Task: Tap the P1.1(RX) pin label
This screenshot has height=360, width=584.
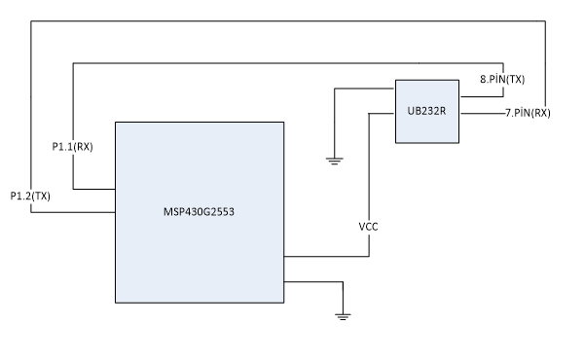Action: (72, 146)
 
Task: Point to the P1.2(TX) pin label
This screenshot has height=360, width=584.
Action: (29, 196)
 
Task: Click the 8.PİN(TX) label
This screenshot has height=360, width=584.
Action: (504, 77)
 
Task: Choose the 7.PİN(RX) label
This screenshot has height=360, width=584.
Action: (529, 114)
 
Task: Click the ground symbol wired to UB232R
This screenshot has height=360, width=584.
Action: (335, 161)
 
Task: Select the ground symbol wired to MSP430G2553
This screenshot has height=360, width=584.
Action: (343, 314)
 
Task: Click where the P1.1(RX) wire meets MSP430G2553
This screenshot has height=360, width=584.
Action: (115, 189)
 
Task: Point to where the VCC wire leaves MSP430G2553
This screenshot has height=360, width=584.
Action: (283, 258)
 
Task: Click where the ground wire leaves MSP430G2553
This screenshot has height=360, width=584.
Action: (283, 282)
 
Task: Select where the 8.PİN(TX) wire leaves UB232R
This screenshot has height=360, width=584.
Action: (459, 97)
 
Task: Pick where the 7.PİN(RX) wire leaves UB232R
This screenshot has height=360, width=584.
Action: (459, 114)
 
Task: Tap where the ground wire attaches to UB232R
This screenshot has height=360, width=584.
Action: (395, 90)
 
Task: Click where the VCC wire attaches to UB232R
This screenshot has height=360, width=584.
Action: (395, 114)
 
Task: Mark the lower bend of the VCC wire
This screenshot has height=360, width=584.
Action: (370, 258)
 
